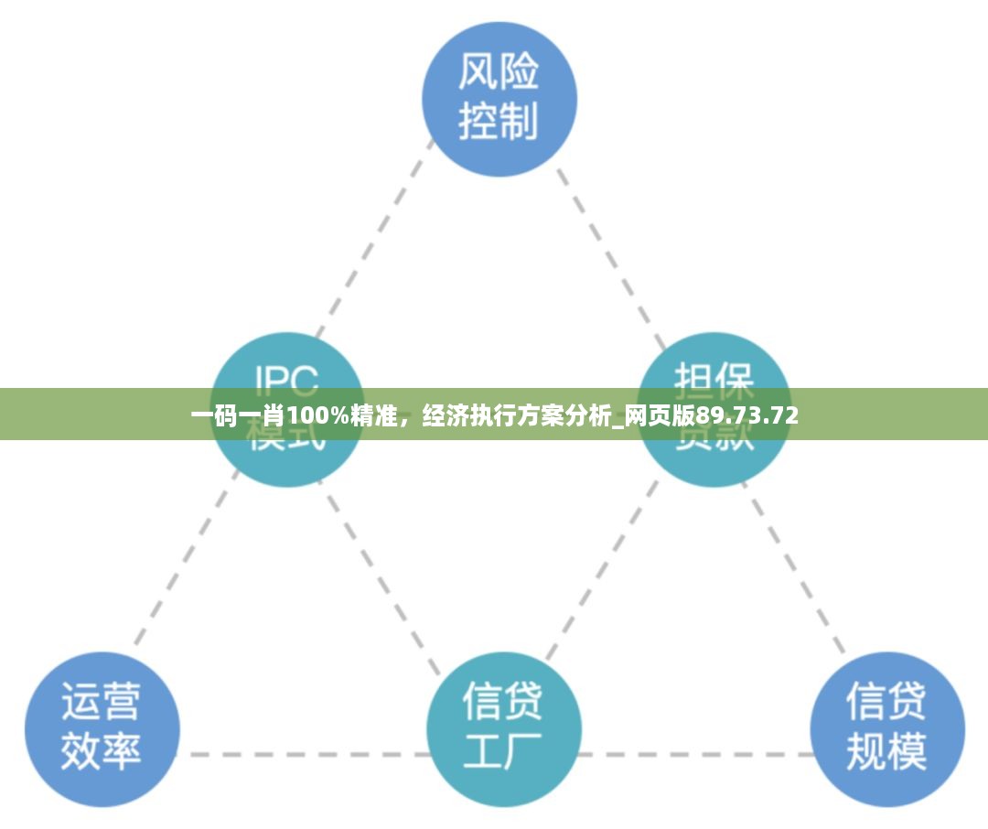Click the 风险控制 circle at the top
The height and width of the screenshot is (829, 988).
499,99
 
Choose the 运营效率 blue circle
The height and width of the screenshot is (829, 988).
102,728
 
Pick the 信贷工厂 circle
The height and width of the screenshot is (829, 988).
503,728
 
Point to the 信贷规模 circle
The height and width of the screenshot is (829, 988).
886,728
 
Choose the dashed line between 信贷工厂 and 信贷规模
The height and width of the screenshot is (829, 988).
695,755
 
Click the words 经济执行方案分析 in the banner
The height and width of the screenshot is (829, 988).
517,417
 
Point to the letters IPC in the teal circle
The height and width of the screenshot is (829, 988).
286,377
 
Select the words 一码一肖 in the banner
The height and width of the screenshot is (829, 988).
237,417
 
